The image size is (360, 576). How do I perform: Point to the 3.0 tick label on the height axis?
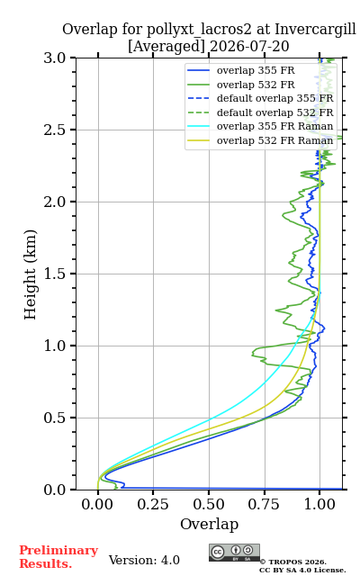coord(55,58)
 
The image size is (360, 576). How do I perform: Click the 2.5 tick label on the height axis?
coord(55,130)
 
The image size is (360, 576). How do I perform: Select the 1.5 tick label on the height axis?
coord(55,274)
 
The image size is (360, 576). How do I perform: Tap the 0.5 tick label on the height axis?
coord(55,418)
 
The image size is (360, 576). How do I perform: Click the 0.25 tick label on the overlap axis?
coord(153,504)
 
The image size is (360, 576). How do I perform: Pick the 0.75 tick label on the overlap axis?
coord(264,504)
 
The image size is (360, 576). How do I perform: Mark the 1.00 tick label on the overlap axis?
coord(319,504)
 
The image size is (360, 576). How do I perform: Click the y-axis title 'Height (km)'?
coord(31,274)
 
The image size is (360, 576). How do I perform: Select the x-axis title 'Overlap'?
coord(210,524)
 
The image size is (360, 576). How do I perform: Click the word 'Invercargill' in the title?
coord(315,30)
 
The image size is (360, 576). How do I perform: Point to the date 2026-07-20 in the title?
coord(249,47)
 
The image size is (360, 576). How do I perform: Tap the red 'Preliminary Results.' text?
coord(58,557)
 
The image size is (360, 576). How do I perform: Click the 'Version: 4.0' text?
coord(144,560)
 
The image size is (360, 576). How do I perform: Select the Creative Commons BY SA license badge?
coord(234,553)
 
